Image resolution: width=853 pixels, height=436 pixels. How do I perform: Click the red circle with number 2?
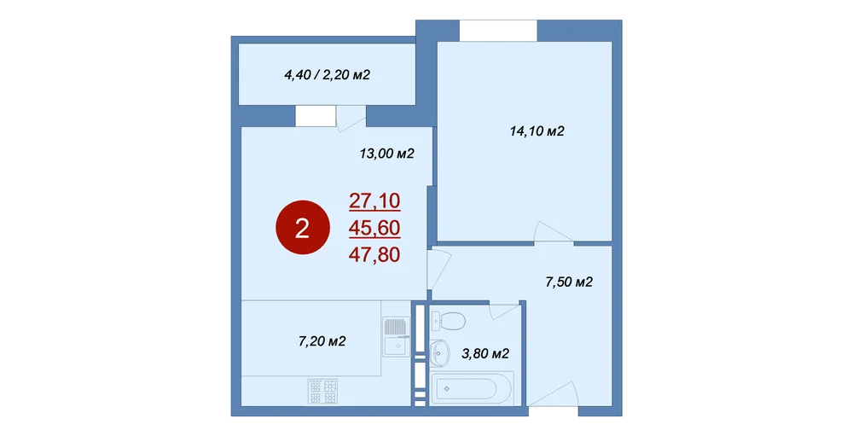point(302,229)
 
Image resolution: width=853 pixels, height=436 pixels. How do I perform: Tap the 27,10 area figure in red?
point(374,201)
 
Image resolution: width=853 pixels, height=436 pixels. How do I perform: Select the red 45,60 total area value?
point(374,228)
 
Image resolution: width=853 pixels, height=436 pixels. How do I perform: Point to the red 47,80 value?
point(374,254)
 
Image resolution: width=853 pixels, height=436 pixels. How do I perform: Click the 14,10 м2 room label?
point(537,131)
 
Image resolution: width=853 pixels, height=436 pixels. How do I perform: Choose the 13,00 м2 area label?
point(386,154)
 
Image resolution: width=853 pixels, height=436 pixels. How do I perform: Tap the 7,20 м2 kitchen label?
point(322,342)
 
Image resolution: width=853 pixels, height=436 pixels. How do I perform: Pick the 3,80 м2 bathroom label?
point(485,354)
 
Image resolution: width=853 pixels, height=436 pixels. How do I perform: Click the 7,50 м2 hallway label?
point(568,282)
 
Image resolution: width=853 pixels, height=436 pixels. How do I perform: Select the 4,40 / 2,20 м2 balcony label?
point(327,74)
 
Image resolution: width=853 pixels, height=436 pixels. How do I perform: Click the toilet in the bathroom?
point(448,321)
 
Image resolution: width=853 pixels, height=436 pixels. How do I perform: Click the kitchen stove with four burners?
point(323,392)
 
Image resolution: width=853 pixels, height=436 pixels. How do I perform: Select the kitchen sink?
point(395,336)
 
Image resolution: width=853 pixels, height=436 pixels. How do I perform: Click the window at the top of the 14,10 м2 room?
point(498,31)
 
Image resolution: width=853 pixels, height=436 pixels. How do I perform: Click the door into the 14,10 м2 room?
point(554,232)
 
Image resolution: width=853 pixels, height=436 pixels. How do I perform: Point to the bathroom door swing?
point(505,311)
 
